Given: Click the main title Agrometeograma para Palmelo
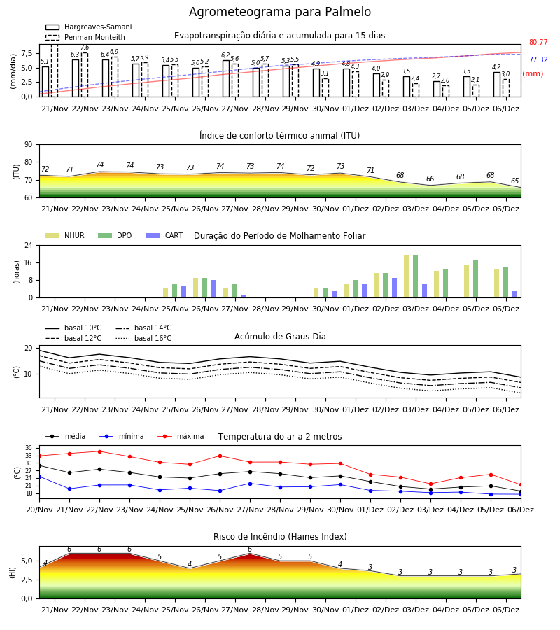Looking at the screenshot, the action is click(x=279, y=12).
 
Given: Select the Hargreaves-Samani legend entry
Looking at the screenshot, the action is click(x=89, y=27).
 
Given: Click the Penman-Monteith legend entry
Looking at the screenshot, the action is click(x=85, y=37).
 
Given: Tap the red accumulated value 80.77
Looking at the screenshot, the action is click(x=538, y=42).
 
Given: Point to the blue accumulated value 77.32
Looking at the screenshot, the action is click(x=538, y=60).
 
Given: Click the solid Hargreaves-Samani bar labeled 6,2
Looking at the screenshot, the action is click(x=226, y=78).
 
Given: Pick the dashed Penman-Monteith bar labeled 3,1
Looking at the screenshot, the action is click(x=325, y=87).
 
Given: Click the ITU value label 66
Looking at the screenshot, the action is click(x=430, y=178).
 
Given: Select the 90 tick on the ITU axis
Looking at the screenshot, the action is click(x=29, y=145).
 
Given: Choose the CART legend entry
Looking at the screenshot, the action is click(x=164, y=235).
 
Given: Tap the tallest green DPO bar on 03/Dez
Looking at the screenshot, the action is click(x=415, y=276).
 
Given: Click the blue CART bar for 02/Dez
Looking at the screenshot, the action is click(x=395, y=288).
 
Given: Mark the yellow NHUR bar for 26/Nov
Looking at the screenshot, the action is click(x=195, y=288).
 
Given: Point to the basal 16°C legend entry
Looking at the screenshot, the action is click(x=143, y=338).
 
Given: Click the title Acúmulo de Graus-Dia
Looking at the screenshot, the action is click(x=280, y=336).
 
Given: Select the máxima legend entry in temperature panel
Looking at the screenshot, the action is click(x=181, y=436).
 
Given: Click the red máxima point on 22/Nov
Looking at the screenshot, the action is click(x=99, y=451).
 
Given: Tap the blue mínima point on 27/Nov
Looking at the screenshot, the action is click(x=251, y=484).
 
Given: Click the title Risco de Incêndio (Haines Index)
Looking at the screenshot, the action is click(x=280, y=537).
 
